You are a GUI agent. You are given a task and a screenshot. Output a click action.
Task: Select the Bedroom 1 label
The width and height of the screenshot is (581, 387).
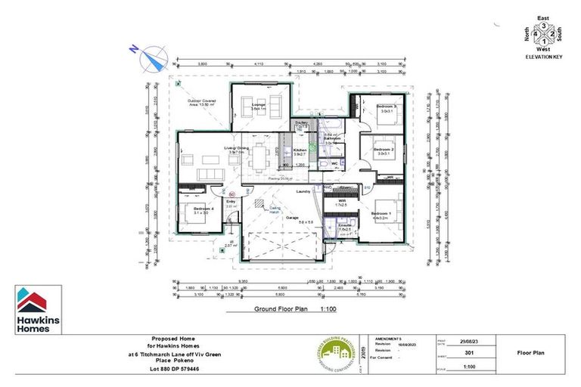coord(381,214)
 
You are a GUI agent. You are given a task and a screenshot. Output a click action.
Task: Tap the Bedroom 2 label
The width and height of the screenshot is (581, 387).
coord(381,150)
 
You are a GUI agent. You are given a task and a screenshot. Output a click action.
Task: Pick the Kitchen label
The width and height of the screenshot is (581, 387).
coord(300,150)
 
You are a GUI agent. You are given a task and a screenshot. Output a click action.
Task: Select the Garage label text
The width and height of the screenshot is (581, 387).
coord(291,216)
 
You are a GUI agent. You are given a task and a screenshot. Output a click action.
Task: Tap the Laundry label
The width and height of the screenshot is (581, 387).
coord(305,191)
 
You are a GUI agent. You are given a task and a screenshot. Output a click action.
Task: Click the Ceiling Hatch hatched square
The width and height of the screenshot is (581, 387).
coord(259,205)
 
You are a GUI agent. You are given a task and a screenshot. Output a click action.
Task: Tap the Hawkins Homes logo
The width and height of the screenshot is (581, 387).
coord(37,310)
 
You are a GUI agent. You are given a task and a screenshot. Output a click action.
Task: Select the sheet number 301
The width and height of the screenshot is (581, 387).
coord(468,352)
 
